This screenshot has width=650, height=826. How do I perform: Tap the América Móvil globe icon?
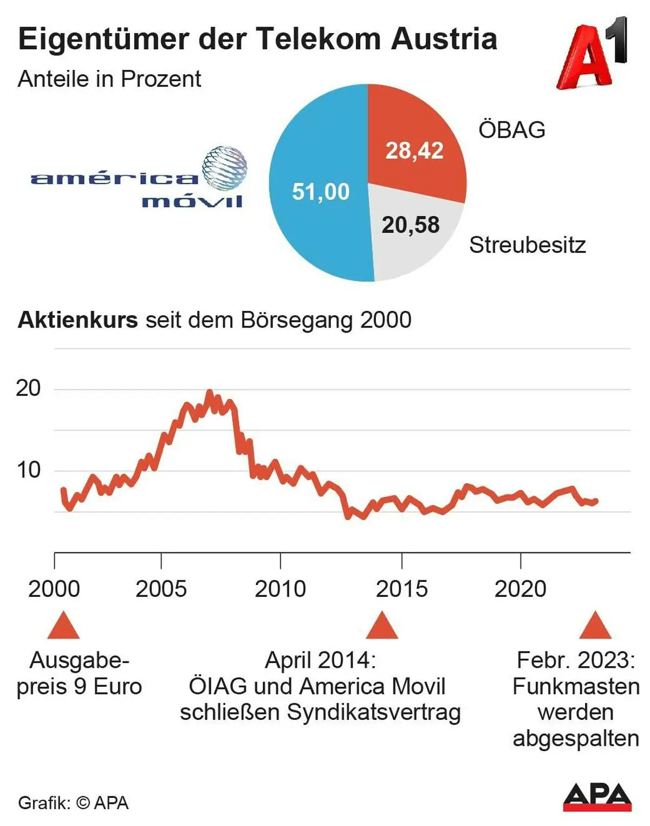tap(224, 168)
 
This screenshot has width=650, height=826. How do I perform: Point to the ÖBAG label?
tap(512, 130)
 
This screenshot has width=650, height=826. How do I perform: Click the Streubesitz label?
tap(527, 245)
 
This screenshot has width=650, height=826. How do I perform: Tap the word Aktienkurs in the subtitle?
tap(78, 320)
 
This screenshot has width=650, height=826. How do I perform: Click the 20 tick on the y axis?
tap(28, 388)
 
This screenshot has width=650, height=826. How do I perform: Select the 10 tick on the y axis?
tap(28, 470)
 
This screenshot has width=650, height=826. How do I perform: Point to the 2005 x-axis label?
tap(161, 589)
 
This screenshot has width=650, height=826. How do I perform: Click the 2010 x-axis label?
tap(280, 589)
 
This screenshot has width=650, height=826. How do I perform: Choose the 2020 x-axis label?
tap(520, 589)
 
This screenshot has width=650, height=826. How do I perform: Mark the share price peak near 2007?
tap(210, 392)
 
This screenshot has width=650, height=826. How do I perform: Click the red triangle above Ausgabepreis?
tap(63, 627)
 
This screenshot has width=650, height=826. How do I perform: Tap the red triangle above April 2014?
tap(382, 627)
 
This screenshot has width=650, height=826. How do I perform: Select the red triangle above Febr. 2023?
tap(595, 627)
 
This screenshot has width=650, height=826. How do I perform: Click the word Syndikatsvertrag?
tap(374, 712)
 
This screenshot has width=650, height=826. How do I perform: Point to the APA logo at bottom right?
tap(597, 796)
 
